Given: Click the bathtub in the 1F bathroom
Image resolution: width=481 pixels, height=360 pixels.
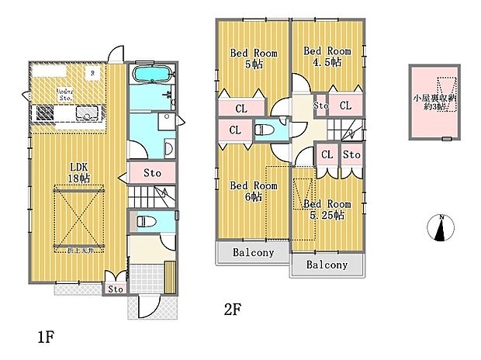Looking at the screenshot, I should coord(151,74).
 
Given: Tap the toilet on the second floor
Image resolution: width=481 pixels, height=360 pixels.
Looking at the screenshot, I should coord(263,130).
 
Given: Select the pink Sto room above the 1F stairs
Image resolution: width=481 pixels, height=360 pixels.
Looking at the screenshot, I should coord(152,172).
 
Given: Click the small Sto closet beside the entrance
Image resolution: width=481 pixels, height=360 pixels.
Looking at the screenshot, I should coord(116,289).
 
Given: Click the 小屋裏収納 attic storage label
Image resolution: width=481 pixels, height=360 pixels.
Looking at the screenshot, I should coord(433,102).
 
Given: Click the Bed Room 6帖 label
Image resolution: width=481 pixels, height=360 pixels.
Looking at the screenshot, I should coord(253,191).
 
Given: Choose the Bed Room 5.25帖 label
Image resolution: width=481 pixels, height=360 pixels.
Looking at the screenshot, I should coord(327,209).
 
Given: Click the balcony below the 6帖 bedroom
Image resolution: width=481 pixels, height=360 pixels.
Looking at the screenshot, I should coord(252,252).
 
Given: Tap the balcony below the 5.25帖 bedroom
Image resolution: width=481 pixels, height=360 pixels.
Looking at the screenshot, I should coord(327,265).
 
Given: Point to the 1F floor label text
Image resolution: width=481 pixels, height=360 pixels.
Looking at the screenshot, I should coord(45,337).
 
